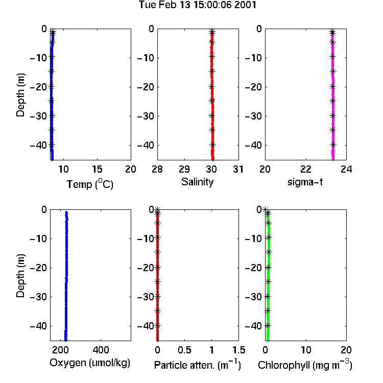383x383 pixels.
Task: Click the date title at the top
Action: coord(197,5)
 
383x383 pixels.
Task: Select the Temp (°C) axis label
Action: coord(90,184)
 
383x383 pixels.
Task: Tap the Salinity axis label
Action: coord(197,182)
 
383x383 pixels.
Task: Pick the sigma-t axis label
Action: coord(305,182)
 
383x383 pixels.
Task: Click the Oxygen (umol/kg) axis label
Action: coord(90,363)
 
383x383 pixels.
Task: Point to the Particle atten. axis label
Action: coord(197,365)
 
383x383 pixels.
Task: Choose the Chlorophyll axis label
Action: coord(305,365)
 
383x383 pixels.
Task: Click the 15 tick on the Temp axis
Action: coord(97,169)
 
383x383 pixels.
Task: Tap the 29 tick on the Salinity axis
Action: coord(184,169)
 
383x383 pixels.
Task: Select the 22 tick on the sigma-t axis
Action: coord(306,169)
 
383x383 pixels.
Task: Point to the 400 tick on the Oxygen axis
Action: coord(101,350)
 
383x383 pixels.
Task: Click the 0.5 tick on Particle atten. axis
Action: coord(184,350)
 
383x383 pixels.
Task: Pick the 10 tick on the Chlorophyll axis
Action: coord(306,350)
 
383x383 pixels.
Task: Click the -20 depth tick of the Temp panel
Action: coord(38,87)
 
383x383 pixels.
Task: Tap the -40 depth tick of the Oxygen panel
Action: coord(38,326)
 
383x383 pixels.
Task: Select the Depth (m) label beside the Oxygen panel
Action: coord(20,276)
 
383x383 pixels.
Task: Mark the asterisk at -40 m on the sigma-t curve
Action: coord(333,145)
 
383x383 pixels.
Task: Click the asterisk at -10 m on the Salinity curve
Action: coord(212,56)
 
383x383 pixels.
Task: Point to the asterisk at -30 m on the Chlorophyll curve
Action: coord(268,297)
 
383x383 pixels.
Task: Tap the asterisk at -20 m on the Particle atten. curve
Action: coord(158,268)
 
